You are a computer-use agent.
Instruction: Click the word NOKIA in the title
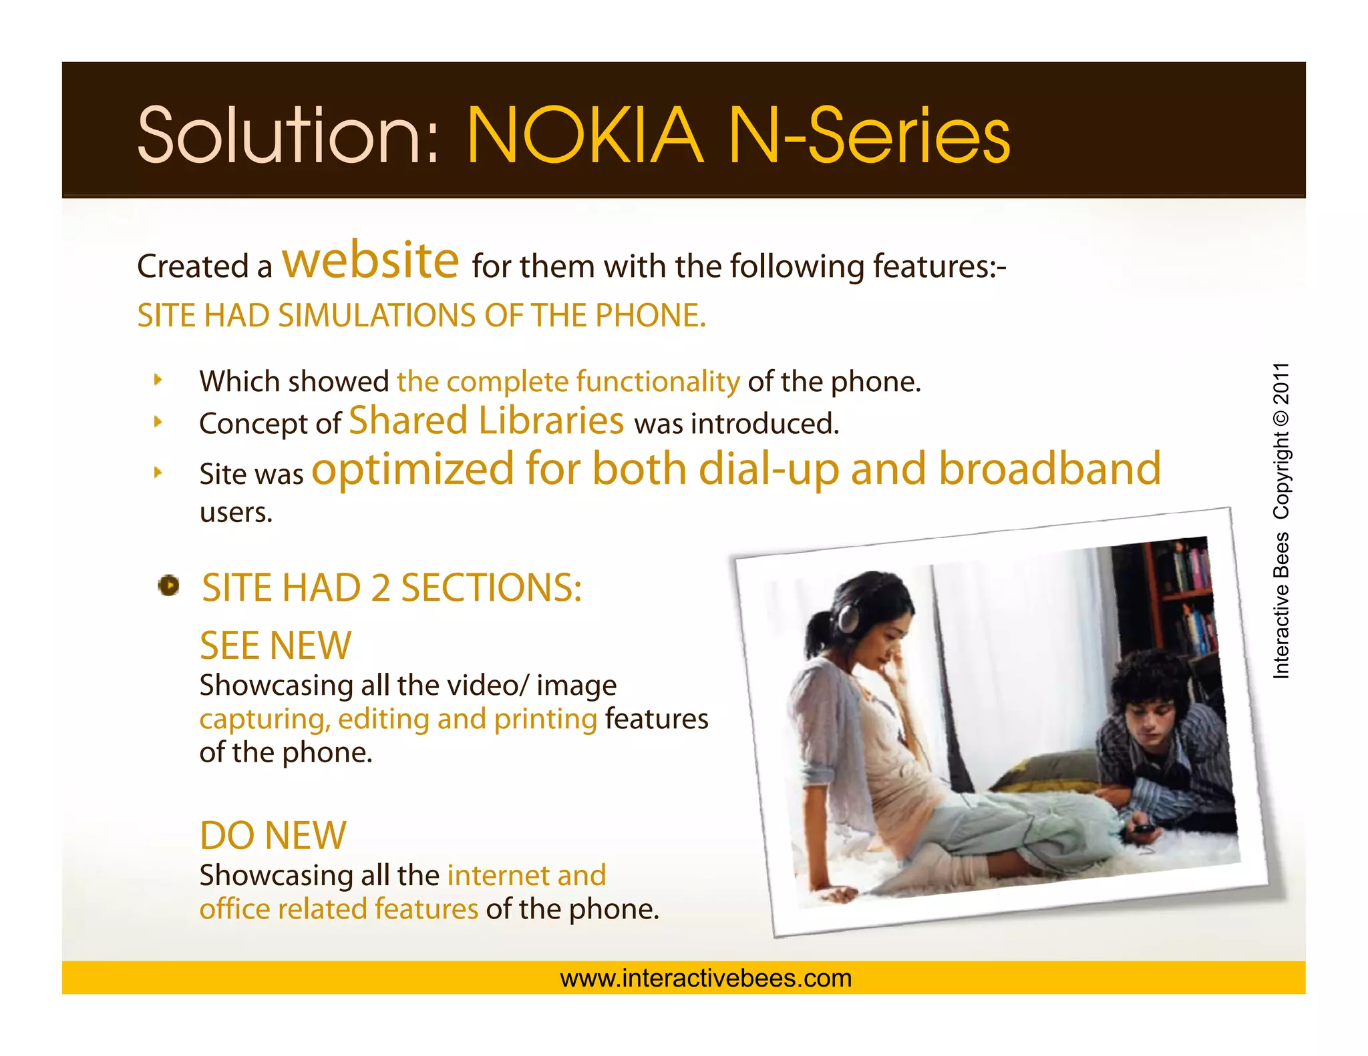coord(584,136)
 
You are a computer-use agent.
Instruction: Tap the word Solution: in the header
coord(288,136)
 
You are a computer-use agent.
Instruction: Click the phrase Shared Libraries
coord(486,421)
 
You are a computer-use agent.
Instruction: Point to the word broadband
coord(1050,469)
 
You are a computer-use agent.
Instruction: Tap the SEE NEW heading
coord(275,645)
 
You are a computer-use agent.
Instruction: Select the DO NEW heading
coord(273,835)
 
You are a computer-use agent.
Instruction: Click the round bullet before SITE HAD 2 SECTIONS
coord(168,585)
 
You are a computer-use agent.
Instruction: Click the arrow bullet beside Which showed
coord(158,380)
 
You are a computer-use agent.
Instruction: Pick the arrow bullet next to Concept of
coord(158,422)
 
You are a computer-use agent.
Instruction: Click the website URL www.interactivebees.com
coord(706,979)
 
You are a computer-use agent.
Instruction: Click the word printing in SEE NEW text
coord(545,720)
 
